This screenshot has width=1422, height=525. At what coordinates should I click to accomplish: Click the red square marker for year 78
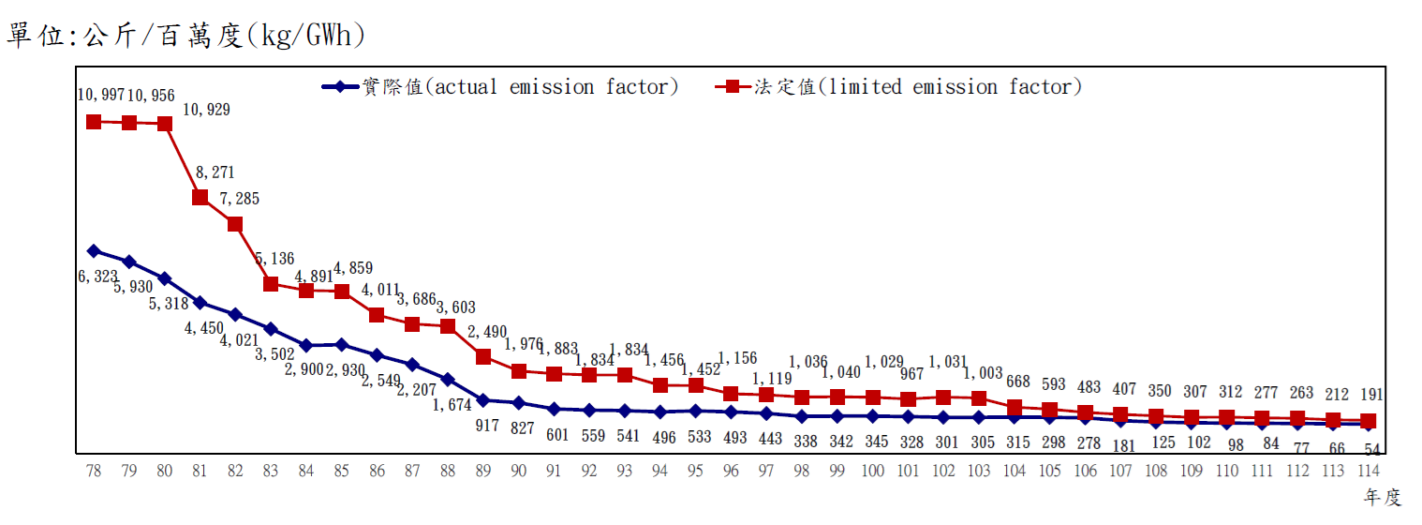pyautogui.click(x=94, y=122)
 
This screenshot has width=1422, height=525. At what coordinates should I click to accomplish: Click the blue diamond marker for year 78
pyautogui.click(x=94, y=250)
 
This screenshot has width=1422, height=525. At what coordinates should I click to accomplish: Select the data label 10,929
pyautogui.click(x=206, y=110)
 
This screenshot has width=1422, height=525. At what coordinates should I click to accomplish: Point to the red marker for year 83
pyautogui.click(x=271, y=284)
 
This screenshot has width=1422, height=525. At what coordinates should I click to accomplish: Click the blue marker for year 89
pyautogui.click(x=483, y=400)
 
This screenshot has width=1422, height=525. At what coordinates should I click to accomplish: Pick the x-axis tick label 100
pyautogui.click(x=873, y=472)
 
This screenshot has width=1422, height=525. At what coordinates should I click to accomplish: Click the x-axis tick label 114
pyautogui.click(x=1368, y=472)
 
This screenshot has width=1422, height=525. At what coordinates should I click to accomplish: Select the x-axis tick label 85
pyautogui.click(x=342, y=472)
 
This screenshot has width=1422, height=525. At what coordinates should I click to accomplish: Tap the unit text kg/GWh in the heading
pyautogui.click(x=304, y=36)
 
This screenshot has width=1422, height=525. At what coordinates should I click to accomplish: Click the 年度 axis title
pyautogui.click(x=1383, y=498)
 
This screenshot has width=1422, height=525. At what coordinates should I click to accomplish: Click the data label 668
pyautogui.click(x=1018, y=382)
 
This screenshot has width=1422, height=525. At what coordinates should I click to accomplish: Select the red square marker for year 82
pyautogui.click(x=235, y=224)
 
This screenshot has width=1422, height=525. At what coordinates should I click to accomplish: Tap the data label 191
pyautogui.click(x=1370, y=395)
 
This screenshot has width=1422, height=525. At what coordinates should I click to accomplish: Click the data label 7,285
pyautogui.click(x=240, y=199)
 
